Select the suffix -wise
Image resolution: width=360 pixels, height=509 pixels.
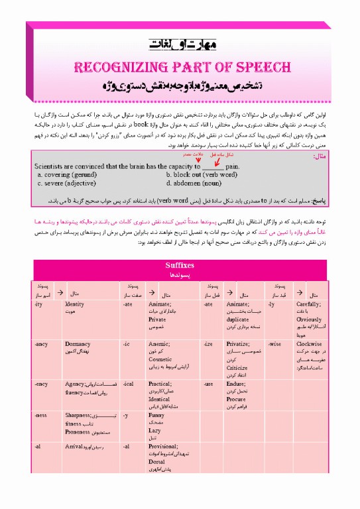click(274, 345)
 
